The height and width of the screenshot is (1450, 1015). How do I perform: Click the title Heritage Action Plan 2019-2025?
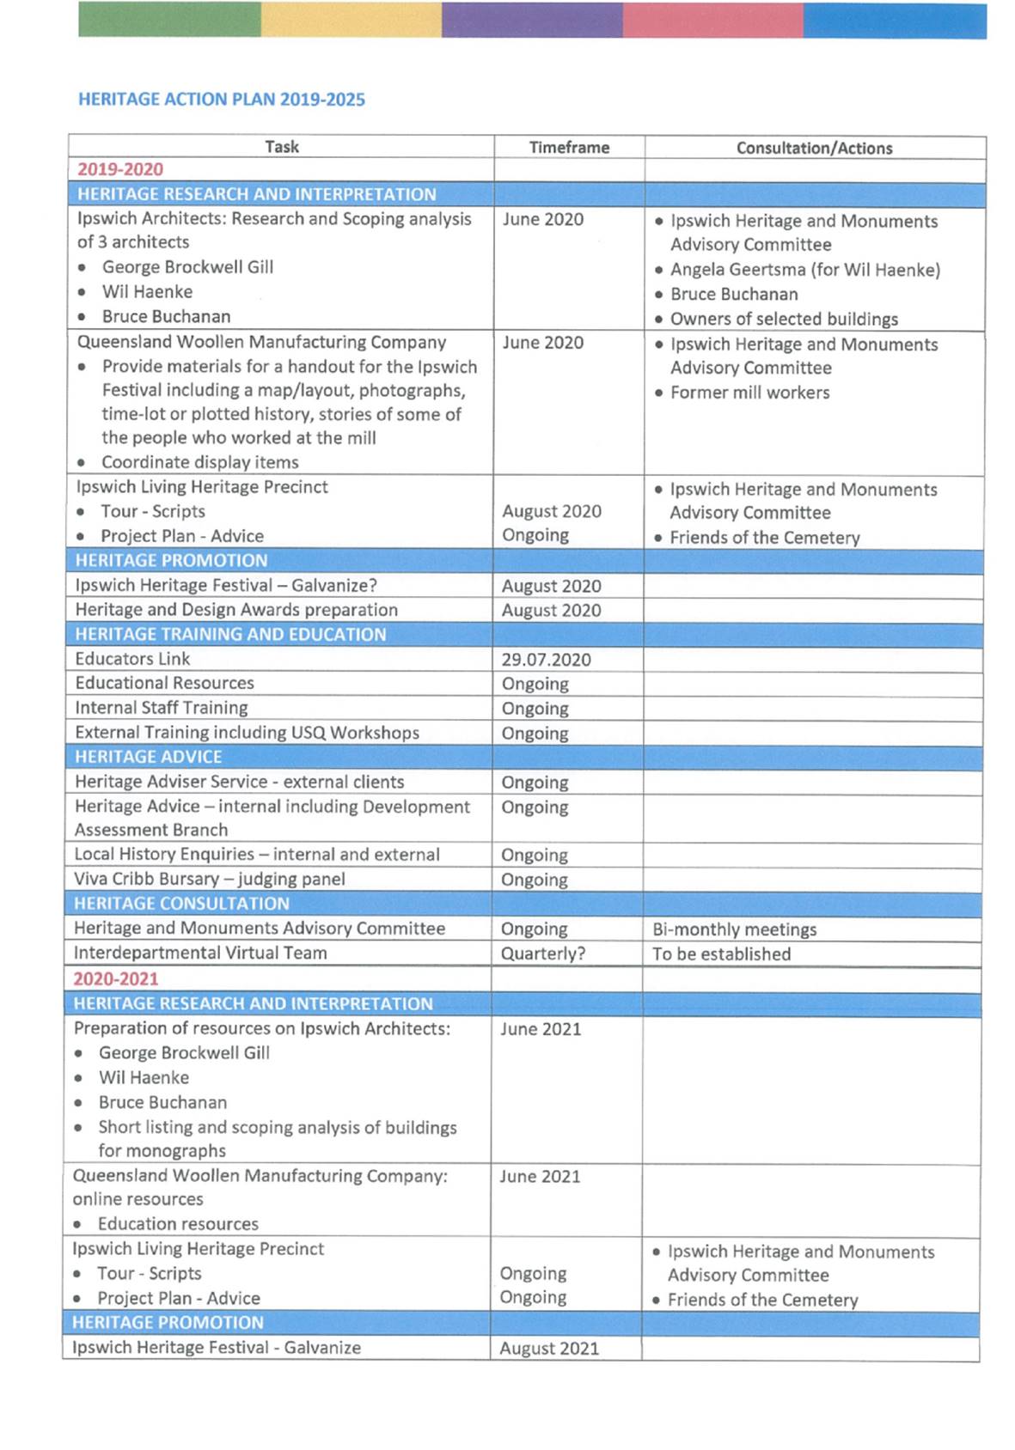tap(221, 100)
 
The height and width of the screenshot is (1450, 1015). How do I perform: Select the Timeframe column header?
tap(569, 147)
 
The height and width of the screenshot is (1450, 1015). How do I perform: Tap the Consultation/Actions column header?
tap(814, 148)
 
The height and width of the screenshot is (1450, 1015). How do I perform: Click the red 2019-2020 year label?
tap(120, 169)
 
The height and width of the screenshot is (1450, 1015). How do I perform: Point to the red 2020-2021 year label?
tap(116, 978)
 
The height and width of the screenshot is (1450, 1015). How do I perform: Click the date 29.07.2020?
tap(546, 660)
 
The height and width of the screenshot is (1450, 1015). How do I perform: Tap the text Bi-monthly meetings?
tap(734, 929)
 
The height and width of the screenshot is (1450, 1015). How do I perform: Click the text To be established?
tap(721, 954)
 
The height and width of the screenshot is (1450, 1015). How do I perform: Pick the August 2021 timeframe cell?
tap(548, 1349)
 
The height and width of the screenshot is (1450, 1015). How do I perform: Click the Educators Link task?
tap(132, 659)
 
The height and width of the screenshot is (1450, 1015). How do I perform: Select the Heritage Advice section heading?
tap(148, 757)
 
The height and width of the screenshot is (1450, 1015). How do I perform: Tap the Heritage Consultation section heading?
tap(181, 904)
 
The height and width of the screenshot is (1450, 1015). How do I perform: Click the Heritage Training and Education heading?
tap(230, 634)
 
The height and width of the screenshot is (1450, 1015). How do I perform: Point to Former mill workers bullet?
tap(749, 393)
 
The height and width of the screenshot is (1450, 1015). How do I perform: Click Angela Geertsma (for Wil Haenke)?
tap(804, 270)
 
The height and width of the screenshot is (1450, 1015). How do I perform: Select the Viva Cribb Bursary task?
tap(209, 879)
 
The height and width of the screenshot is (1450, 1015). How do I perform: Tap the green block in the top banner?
tap(169, 20)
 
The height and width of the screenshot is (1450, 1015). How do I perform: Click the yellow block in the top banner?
tap(351, 20)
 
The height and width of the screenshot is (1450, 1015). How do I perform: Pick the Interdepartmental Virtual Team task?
tap(200, 953)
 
